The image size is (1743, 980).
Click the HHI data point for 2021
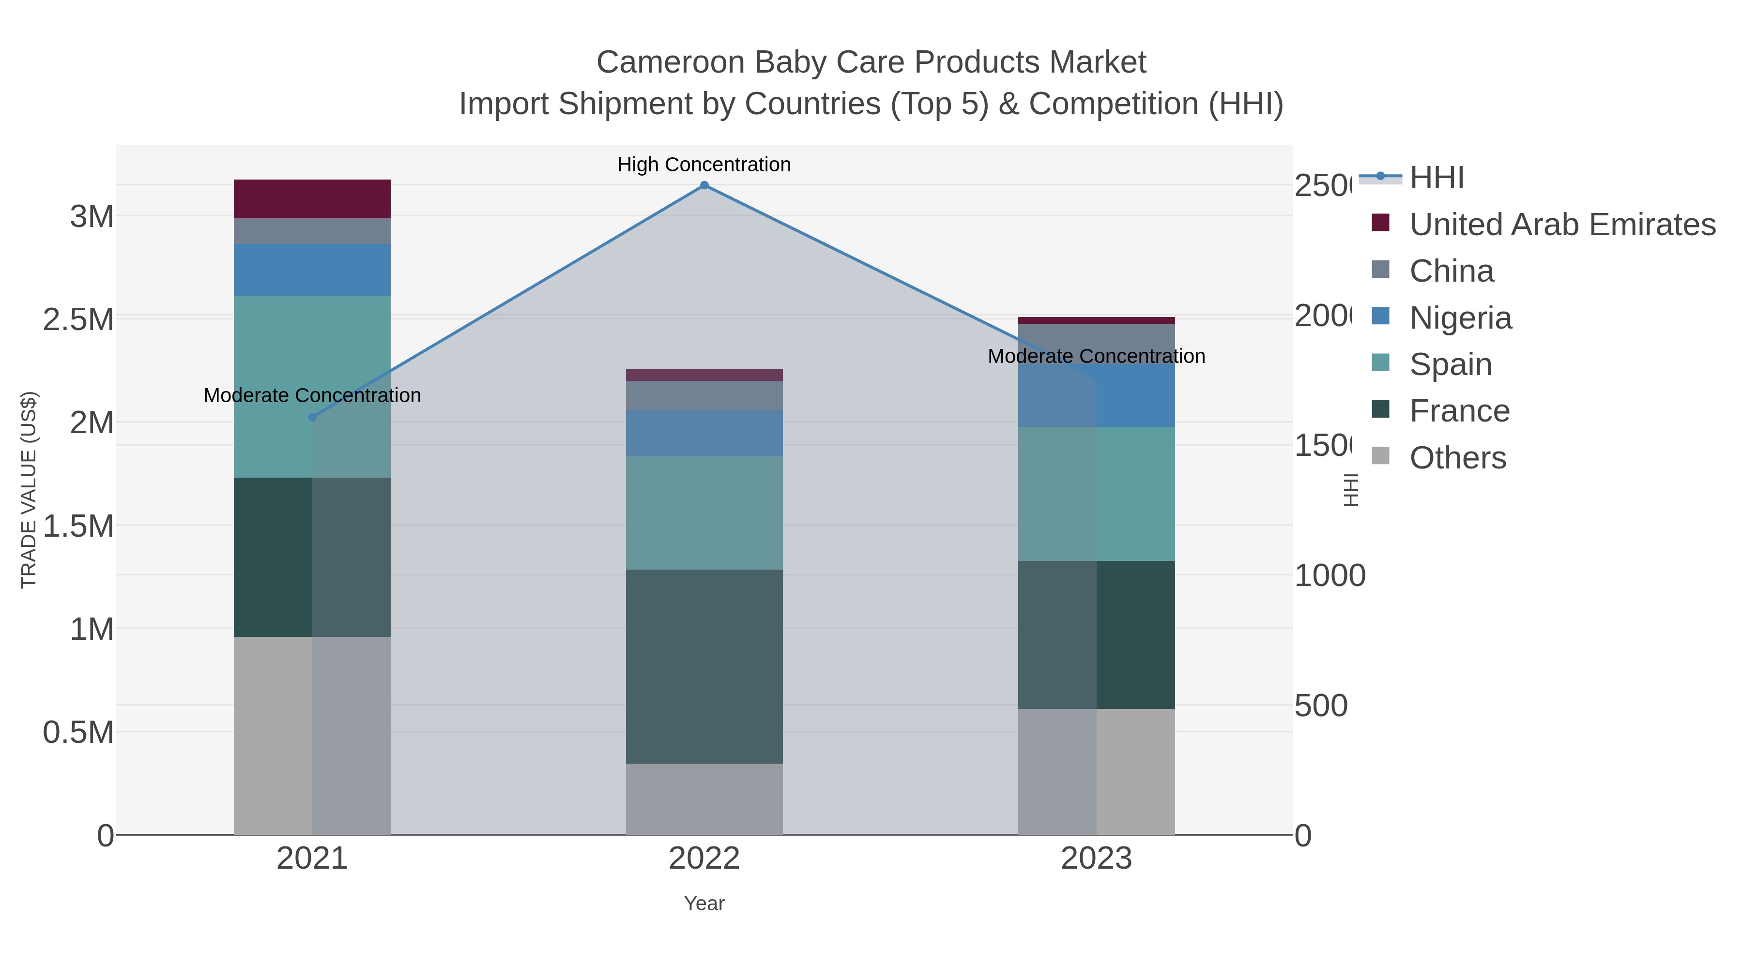point(312,417)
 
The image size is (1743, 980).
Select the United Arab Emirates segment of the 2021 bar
point(312,199)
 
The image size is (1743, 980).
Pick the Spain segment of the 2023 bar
point(1096,494)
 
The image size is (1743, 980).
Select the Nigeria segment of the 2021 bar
point(312,270)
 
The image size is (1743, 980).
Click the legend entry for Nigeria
point(1460,318)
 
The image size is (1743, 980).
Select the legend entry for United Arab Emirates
point(1561,225)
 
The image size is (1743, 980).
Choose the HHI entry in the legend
point(1437,178)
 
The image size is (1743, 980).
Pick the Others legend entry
point(1457,458)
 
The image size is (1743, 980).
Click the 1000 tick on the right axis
point(1330,575)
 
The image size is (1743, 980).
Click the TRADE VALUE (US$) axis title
point(29,490)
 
